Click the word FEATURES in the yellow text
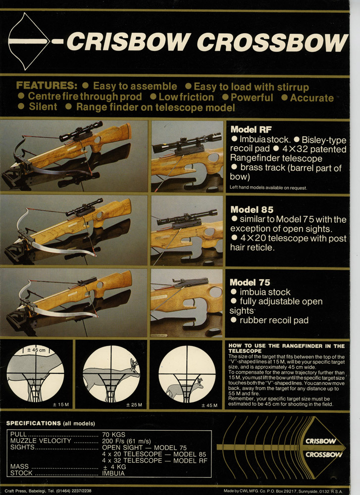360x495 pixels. [x=47, y=86]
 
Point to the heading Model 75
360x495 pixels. [x=250, y=282]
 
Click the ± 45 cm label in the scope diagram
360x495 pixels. [x=36, y=350]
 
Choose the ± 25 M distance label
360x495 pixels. [x=134, y=405]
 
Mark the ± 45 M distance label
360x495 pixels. [x=209, y=405]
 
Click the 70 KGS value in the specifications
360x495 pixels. [x=113, y=435]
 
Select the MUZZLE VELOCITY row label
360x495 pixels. [x=41, y=441]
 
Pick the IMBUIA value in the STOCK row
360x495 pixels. [x=113, y=473]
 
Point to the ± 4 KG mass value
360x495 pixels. [x=114, y=467]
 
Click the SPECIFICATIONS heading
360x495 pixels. [x=34, y=423]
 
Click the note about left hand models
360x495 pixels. [x=268, y=188]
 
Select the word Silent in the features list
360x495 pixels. [x=43, y=107]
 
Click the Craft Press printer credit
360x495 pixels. [x=48, y=491]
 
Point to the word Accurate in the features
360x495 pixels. [x=311, y=98]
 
